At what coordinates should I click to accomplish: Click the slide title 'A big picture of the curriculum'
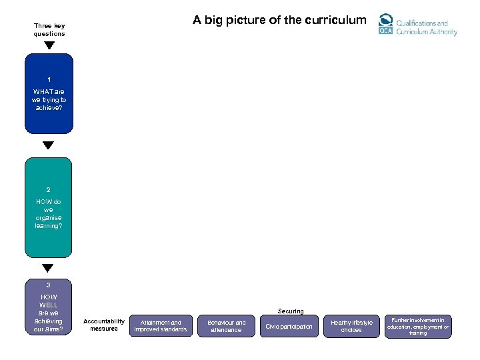279,20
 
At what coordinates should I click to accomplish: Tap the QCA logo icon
385,25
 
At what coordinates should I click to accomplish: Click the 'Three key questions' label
49,30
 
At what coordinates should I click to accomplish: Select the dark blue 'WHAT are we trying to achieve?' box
49,93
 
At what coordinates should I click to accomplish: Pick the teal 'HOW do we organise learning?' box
49,207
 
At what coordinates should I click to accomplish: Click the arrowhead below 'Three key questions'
49,45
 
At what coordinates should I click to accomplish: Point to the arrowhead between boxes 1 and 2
49,145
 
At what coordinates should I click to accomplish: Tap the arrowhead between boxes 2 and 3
48,268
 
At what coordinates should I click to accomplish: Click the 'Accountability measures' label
104,325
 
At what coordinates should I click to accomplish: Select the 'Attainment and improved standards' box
161,326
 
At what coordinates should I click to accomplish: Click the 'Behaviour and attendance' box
226,326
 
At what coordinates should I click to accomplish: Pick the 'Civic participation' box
289,326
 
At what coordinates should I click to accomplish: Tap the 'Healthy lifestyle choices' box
351,326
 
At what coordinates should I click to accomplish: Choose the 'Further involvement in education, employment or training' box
418,327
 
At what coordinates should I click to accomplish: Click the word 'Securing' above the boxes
291,311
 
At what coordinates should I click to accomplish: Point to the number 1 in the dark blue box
49,79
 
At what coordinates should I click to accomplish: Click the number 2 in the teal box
49,190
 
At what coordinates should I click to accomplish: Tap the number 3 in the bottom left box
49,285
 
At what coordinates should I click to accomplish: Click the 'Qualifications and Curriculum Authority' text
427,27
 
